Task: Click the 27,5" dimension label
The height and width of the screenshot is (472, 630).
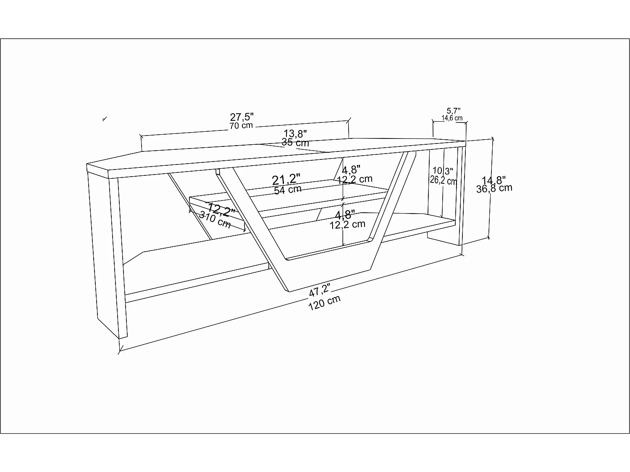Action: pos(241,117)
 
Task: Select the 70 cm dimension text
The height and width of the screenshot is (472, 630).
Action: pos(241,125)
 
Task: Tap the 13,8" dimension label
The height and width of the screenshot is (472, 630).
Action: pos(295,133)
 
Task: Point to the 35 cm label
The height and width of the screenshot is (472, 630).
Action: pos(295,142)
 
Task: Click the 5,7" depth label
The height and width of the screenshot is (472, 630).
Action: pos(454,111)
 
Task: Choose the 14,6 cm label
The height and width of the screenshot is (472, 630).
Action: pos(452,118)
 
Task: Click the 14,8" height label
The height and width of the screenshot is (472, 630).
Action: pos(493,180)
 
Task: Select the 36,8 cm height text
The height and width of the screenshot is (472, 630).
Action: pos(494,188)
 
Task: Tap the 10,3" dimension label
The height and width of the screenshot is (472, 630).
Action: pos(443,171)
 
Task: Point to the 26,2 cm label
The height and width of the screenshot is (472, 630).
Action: pos(443,180)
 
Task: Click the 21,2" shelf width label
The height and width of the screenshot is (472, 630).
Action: pos(286,180)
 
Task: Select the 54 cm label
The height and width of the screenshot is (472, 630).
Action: pos(288,190)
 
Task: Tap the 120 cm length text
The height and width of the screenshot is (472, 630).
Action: pos(324,302)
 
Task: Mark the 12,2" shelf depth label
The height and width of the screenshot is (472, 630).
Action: pos(221,210)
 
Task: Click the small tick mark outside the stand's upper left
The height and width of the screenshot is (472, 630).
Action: pos(105,119)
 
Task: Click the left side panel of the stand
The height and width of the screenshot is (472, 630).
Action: pos(108,252)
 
